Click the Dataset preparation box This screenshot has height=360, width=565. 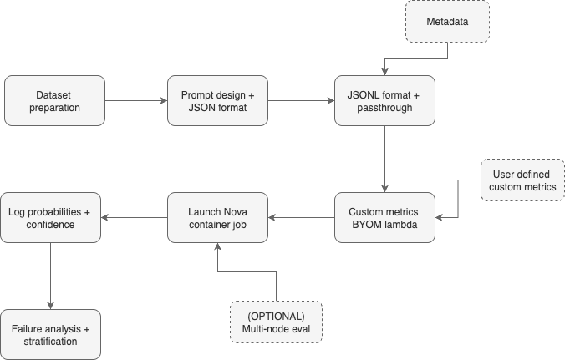pos(55,100)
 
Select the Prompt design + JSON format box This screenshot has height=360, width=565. pos(217,100)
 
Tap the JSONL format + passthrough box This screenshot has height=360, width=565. pos(384,100)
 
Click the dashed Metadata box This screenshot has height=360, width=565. pos(448,21)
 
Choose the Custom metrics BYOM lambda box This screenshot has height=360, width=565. pos(384,218)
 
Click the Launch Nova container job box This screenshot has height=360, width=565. pos(217,218)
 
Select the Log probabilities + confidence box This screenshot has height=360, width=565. pos(50,218)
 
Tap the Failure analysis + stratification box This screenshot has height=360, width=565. pos(50,335)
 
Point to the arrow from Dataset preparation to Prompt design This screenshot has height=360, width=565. pos(136,100)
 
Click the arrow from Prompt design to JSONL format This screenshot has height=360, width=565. pos(301,100)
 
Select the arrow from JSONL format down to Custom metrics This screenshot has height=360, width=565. pos(384,159)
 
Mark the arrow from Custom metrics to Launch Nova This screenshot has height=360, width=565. pos(301,218)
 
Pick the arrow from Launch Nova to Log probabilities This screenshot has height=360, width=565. pos(134,218)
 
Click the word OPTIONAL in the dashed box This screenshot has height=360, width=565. pos(276,316)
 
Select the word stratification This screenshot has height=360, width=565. pos(50,342)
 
